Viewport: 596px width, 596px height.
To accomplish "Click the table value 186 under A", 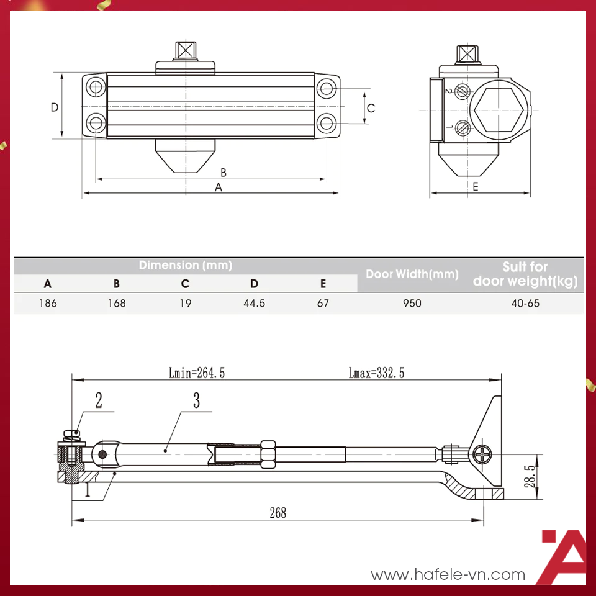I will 48,304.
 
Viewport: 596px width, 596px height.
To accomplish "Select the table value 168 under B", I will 116,304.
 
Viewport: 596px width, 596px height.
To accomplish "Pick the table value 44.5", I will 254,304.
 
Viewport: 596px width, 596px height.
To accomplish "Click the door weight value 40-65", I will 525,304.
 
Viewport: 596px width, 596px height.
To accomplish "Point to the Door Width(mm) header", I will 412,274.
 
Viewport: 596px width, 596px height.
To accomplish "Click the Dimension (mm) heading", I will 185,265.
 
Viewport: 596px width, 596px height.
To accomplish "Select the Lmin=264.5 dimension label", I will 196,372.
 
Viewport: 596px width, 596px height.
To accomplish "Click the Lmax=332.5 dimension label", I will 376,372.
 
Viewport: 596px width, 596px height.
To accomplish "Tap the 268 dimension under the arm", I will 278,512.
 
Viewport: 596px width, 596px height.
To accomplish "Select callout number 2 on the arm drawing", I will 98,400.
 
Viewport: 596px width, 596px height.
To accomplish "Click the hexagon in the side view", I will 500,110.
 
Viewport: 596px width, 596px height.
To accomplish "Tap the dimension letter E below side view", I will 476,186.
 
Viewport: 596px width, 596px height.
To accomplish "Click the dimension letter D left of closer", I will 55,107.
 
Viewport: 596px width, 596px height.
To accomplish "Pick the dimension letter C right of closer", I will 371,108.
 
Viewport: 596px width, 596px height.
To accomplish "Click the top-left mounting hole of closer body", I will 96,88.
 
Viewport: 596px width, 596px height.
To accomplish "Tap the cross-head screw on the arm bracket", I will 483,455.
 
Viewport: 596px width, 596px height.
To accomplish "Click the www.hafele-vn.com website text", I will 448,575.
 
